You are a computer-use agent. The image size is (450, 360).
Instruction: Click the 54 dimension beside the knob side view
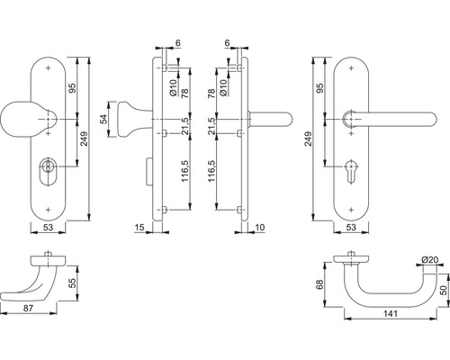click(103, 120)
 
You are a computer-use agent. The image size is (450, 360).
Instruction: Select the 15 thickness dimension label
click(139, 228)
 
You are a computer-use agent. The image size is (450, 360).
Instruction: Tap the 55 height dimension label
click(73, 283)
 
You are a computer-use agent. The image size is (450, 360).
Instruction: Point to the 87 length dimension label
click(28, 308)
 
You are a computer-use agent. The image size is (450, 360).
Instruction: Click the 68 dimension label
click(319, 284)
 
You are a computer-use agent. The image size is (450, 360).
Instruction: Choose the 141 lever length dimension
click(391, 314)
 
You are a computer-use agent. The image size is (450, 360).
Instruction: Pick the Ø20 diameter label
click(430, 260)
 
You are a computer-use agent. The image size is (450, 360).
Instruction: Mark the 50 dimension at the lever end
click(445, 290)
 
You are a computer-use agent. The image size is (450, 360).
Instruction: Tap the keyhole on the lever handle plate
click(351, 170)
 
